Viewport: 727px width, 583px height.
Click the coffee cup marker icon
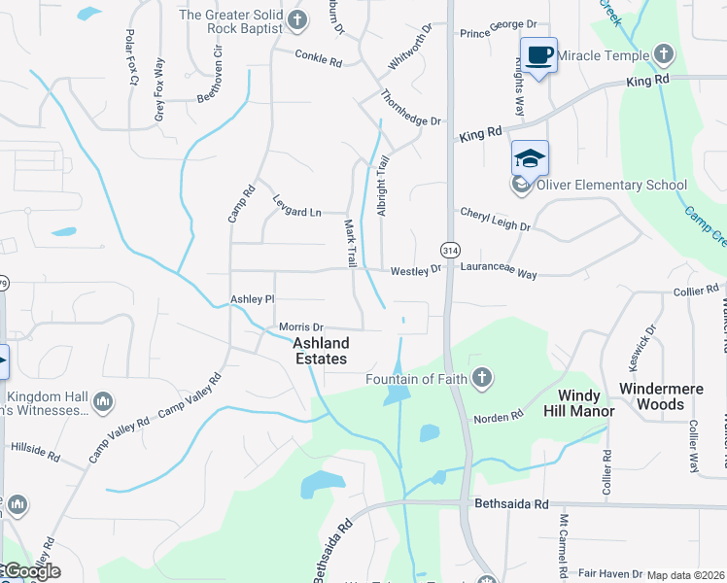click(x=537, y=54)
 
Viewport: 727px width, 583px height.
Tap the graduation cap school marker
click(x=530, y=157)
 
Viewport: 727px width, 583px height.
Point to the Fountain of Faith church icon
click(x=481, y=378)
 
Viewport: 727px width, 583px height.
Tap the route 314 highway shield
click(x=449, y=250)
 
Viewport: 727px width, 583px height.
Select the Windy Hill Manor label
click(x=586, y=403)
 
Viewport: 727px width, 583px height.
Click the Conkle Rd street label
click(x=320, y=62)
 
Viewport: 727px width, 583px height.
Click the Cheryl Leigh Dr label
click(x=495, y=220)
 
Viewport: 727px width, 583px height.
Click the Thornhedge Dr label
click(x=411, y=107)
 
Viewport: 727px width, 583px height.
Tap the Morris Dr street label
click(x=300, y=327)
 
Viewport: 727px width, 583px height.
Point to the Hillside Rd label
click(x=35, y=450)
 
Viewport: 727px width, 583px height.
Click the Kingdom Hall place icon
click(x=105, y=400)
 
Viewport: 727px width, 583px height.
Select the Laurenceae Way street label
click(x=499, y=275)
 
